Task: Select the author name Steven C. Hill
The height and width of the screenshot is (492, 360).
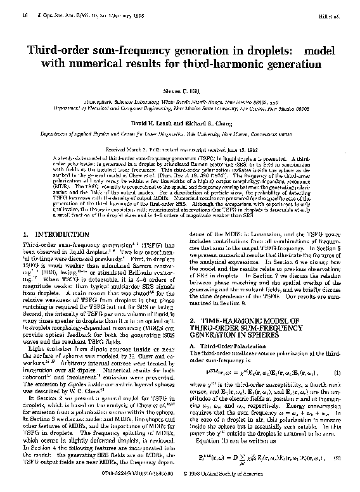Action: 180,92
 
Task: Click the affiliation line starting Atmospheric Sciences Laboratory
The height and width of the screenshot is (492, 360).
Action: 180,103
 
